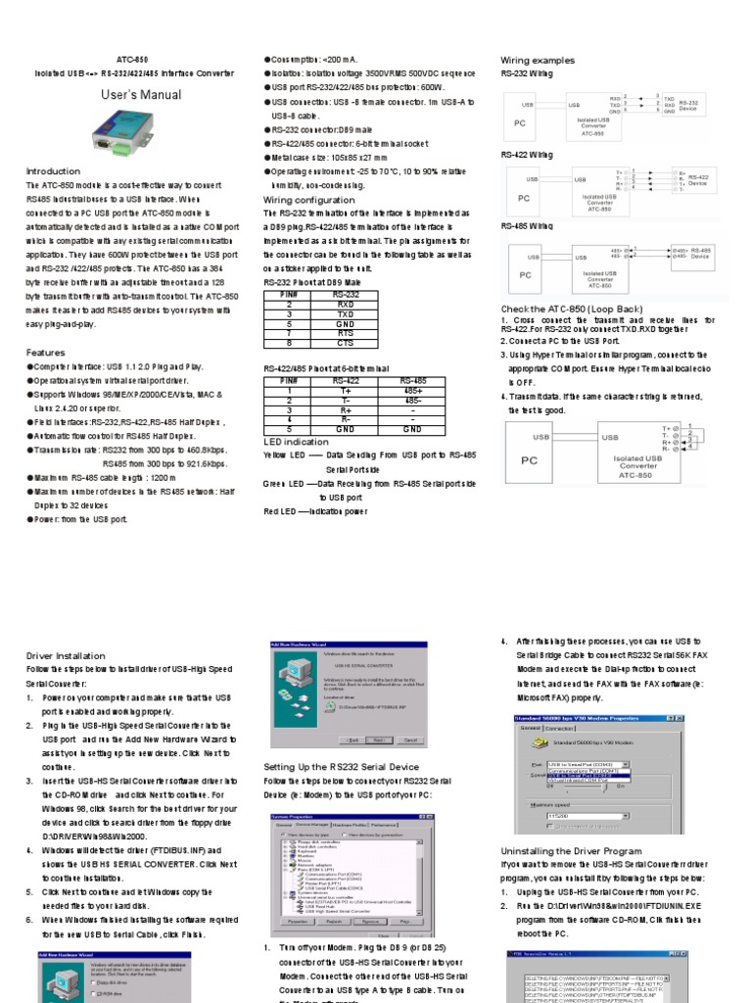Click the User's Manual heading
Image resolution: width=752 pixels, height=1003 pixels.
141,95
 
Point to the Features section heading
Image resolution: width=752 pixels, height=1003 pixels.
46,352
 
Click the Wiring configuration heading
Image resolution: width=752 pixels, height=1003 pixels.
309,200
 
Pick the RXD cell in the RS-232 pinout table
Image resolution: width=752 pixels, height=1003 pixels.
346,304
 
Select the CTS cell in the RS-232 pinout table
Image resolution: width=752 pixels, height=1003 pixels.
346,343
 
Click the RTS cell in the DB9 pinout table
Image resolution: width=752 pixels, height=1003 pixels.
346,333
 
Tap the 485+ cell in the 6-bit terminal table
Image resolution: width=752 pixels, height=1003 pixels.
412,389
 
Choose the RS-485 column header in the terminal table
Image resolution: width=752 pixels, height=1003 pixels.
412,379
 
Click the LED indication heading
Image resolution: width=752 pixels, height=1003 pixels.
297,442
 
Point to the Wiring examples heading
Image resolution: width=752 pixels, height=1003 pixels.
538,60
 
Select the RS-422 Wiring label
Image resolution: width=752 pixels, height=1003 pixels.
527,155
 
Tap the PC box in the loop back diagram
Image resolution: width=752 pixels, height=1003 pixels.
530,459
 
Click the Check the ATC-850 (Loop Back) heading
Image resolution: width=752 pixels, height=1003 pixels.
571,310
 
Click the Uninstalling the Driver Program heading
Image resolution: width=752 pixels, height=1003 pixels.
572,851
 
